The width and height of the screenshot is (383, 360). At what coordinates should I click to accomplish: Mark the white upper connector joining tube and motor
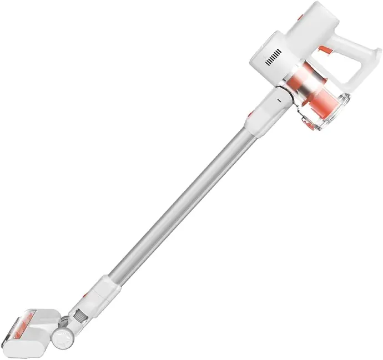[266, 108]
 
